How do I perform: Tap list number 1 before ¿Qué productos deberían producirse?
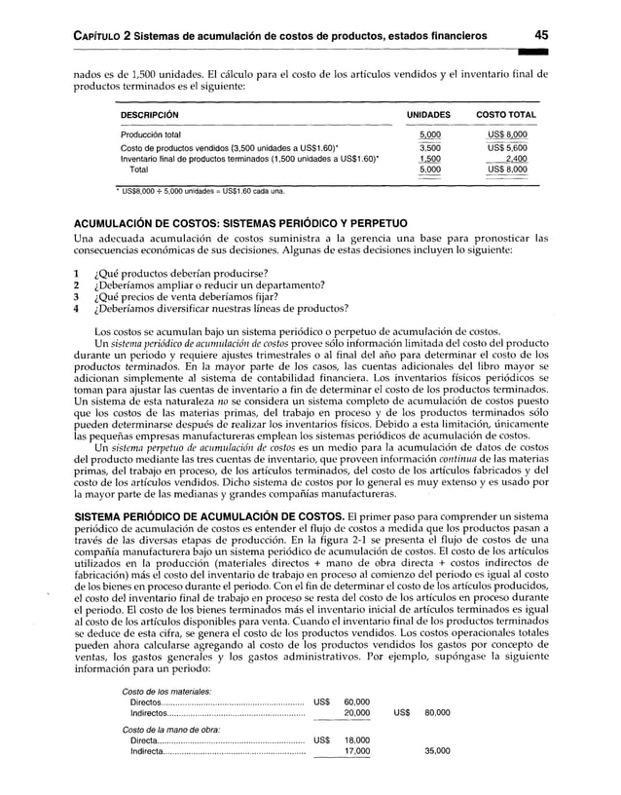pyautogui.click(x=78, y=271)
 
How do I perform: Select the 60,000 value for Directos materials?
pyautogui.click(x=356, y=700)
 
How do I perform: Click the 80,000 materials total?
pyautogui.click(x=436, y=713)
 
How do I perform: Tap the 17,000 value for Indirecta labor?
pyautogui.click(x=356, y=752)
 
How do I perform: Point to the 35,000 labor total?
pyautogui.click(x=436, y=752)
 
